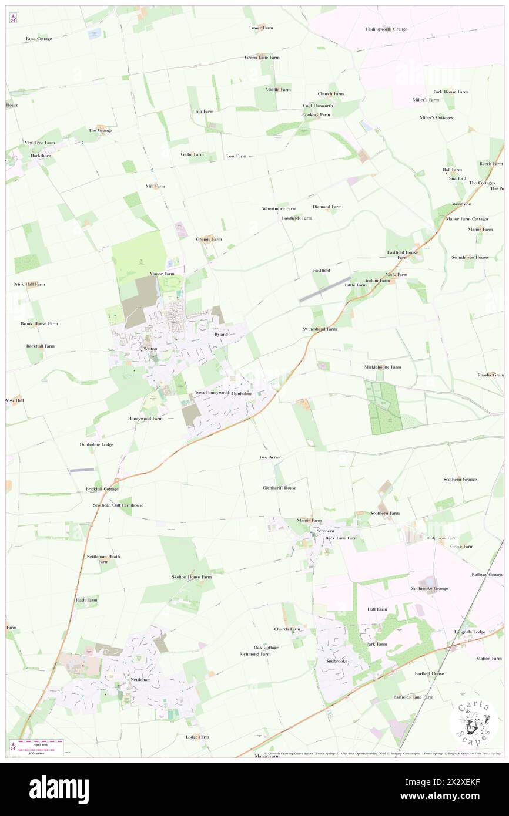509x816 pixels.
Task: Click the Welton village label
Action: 150,349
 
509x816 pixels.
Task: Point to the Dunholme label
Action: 242,393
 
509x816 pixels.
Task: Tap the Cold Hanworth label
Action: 318,106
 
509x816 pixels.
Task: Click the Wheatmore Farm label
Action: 279,208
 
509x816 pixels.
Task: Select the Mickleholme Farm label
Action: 382,367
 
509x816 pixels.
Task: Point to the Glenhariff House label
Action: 279,488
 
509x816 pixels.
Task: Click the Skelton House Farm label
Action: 191,577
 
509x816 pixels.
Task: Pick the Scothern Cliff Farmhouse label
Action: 118,505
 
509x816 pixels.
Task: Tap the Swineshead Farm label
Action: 319,329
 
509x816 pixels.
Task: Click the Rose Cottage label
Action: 39,39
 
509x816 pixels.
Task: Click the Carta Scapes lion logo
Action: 474,723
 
